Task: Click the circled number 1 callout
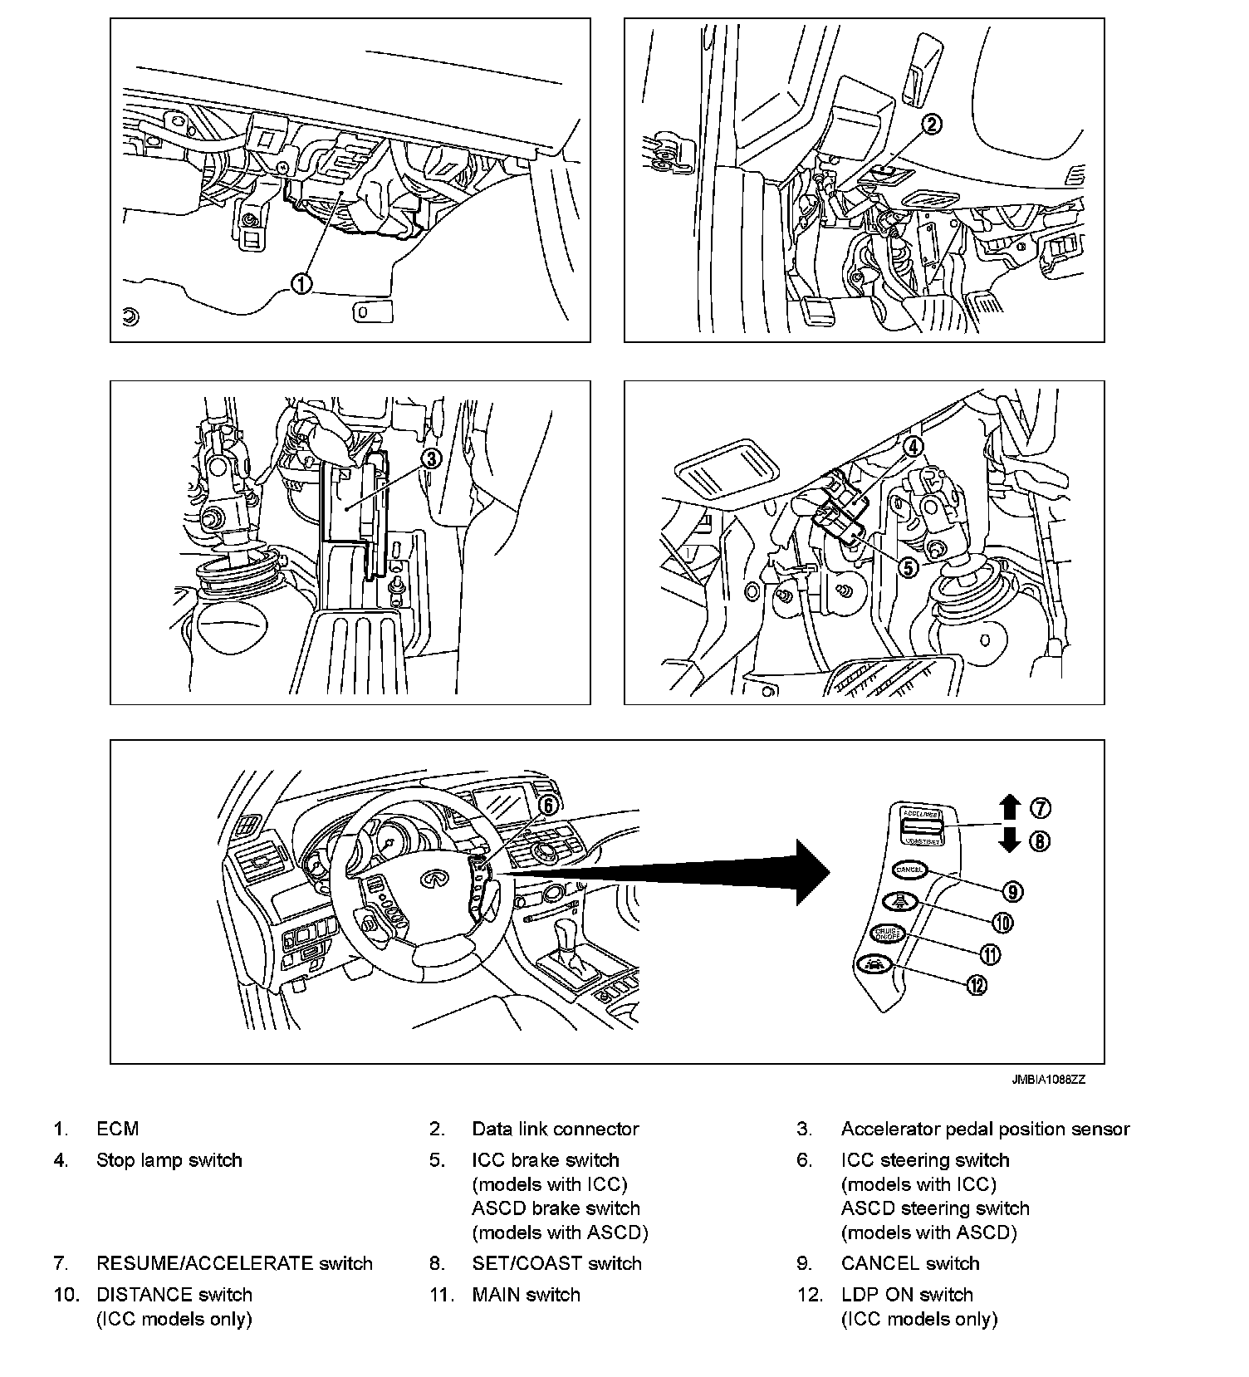[x=301, y=283]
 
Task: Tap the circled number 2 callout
[x=932, y=125]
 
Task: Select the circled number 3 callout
[x=431, y=458]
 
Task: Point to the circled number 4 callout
[x=913, y=447]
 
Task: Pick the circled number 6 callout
[x=547, y=805]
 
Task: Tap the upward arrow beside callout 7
[x=1010, y=807]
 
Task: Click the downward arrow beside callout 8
[x=1010, y=840]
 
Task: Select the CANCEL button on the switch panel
[x=909, y=870]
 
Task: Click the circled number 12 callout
[x=977, y=985]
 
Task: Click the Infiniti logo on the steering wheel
[x=432, y=879]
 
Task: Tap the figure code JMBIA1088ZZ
[x=1048, y=1080]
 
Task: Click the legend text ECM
[x=117, y=1129]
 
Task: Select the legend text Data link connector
[x=555, y=1129]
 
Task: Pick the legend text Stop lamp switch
[x=169, y=1160]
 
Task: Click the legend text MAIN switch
[x=526, y=1294]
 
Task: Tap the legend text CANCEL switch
[x=909, y=1263]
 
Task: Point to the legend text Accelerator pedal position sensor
[x=985, y=1129]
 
